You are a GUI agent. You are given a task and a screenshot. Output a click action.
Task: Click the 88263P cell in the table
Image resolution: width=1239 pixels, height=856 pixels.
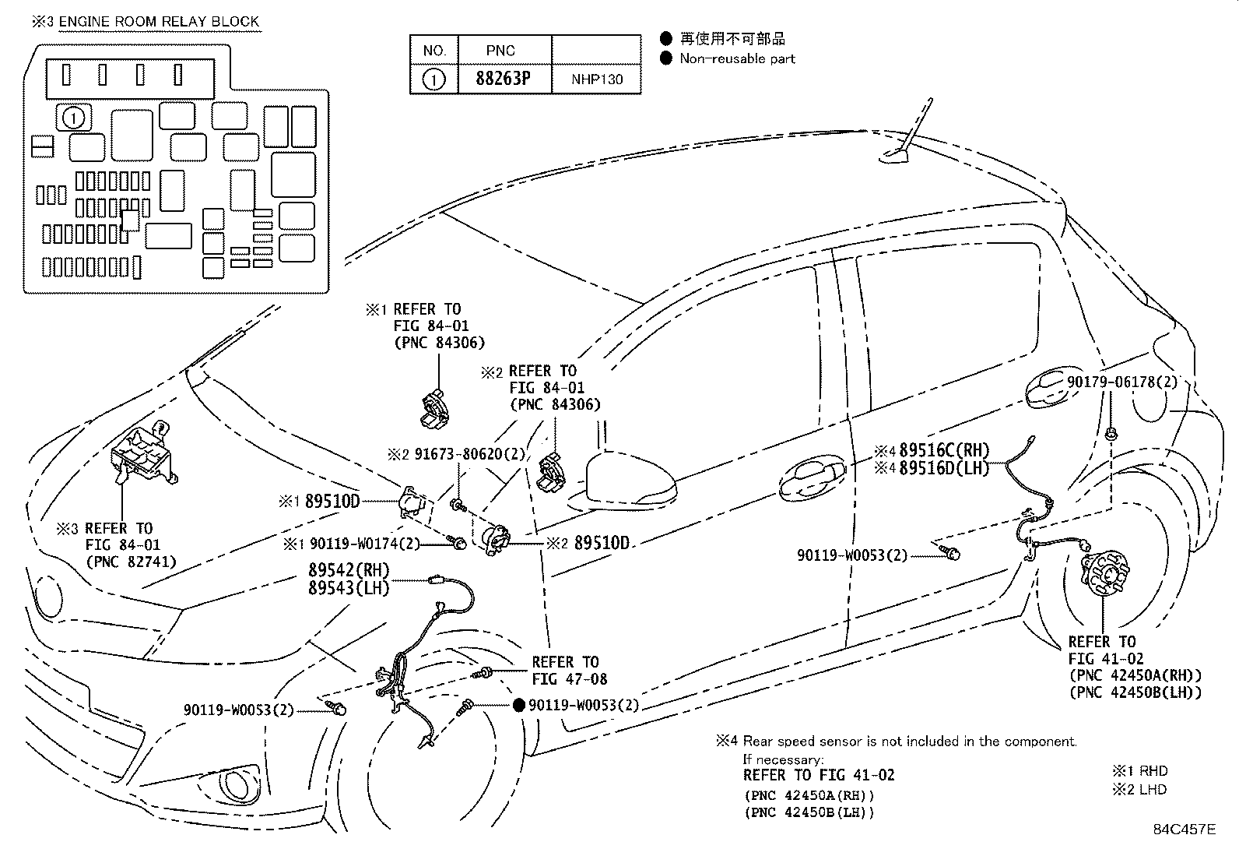(x=504, y=79)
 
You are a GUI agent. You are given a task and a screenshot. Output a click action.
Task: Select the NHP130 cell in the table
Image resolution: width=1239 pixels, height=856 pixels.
(x=596, y=79)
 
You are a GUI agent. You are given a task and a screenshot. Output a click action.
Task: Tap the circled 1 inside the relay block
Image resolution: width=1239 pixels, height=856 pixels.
(x=74, y=118)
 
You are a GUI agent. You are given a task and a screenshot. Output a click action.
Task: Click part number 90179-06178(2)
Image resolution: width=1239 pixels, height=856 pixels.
(x=1121, y=382)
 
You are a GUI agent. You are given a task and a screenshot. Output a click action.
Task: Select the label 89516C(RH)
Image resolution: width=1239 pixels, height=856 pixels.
(x=943, y=450)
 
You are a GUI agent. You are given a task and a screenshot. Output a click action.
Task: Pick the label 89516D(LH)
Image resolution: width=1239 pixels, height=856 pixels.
(x=943, y=468)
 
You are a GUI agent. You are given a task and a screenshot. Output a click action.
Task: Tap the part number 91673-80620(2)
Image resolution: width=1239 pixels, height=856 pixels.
(x=469, y=455)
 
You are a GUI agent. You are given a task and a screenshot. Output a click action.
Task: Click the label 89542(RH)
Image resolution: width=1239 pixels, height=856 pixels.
(x=349, y=569)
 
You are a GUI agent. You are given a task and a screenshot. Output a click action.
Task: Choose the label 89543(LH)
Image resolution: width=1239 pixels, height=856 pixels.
(x=349, y=587)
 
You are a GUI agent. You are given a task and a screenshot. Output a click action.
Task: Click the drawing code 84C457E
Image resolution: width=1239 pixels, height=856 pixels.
(x=1185, y=829)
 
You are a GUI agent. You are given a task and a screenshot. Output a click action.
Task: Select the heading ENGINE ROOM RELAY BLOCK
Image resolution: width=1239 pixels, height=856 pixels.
(x=159, y=22)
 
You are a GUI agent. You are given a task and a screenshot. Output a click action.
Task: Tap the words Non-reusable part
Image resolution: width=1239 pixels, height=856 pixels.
(x=737, y=58)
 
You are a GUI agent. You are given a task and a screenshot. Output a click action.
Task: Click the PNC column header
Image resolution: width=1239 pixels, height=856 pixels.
(x=500, y=51)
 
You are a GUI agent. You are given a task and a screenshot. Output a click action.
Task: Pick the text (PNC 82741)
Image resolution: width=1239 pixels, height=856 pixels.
(x=131, y=562)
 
